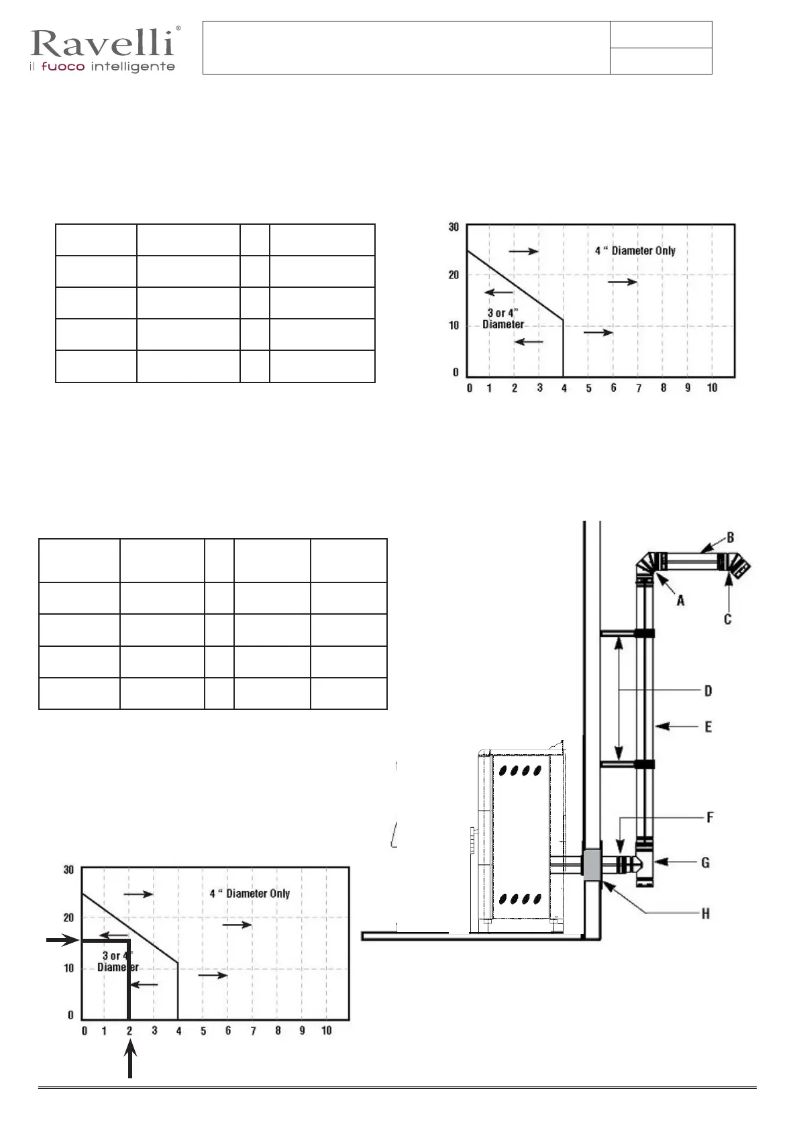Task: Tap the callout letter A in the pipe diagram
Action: [680, 601]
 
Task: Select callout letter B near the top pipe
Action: [731, 537]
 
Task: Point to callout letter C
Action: [728, 619]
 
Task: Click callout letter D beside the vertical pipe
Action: [708, 690]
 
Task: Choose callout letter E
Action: [708, 727]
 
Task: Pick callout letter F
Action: [710, 817]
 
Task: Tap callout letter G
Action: [706, 862]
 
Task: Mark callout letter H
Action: [706, 913]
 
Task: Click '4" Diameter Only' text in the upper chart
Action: [635, 251]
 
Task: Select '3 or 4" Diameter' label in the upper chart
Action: [503, 319]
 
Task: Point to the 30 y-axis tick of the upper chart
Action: [454, 227]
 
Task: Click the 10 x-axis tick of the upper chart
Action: [712, 388]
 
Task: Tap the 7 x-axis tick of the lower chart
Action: [253, 1031]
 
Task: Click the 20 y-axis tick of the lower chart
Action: [68, 918]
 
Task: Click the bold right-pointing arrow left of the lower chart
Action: [63, 941]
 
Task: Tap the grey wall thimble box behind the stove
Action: [592, 865]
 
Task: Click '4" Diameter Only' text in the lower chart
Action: [250, 894]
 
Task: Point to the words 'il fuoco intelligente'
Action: [102, 67]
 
